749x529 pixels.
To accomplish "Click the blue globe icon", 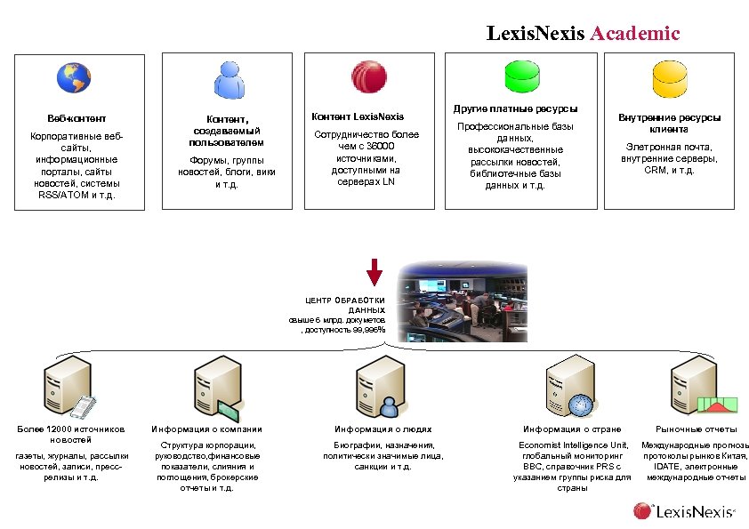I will point(73,78).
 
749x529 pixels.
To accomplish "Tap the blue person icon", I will point(230,81).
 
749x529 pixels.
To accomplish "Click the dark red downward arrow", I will point(374,272).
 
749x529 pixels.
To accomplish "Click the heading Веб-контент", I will point(77,118).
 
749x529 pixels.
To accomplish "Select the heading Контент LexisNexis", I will point(357,116).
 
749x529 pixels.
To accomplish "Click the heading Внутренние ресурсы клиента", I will point(669,123).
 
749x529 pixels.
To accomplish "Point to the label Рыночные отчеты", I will point(697,429).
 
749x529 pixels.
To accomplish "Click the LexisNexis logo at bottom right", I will point(684,510).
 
